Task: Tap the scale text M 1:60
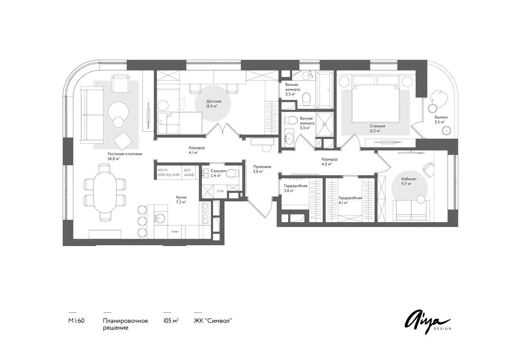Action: (x=76, y=321)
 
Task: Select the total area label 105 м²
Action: (x=171, y=321)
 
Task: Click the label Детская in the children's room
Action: (x=214, y=101)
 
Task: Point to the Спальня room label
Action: (x=377, y=126)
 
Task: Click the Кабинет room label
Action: (x=409, y=179)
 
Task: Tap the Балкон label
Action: (x=441, y=117)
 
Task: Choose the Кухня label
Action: (x=181, y=197)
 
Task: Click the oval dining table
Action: (x=105, y=192)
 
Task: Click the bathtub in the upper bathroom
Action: (x=324, y=90)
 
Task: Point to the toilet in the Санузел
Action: (x=232, y=173)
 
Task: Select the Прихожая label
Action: (x=262, y=167)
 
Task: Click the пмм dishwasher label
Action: (x=175, y=231)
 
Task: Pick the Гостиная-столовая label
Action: (x=125, y=154)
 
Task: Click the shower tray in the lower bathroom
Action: (x=324, y=124)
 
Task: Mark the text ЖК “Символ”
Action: (x=213, y=321)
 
